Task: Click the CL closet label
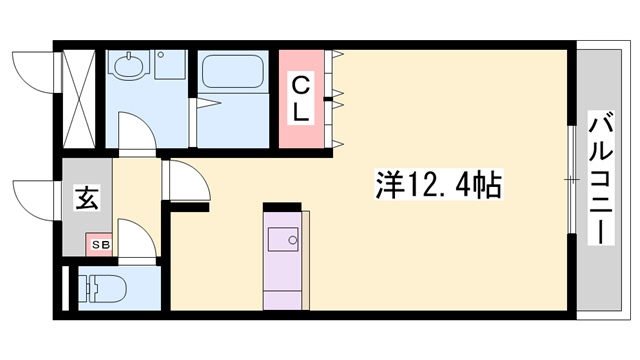click(x=300, y=99)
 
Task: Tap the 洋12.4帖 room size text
click(x=438, y=184)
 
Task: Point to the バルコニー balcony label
click(x=601, y=179)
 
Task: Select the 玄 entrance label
click(x=86, y=199)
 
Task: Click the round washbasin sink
click(x=128, y=68)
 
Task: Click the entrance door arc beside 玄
click(x=32, y=196)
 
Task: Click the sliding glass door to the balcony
click(x=572, y=180)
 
